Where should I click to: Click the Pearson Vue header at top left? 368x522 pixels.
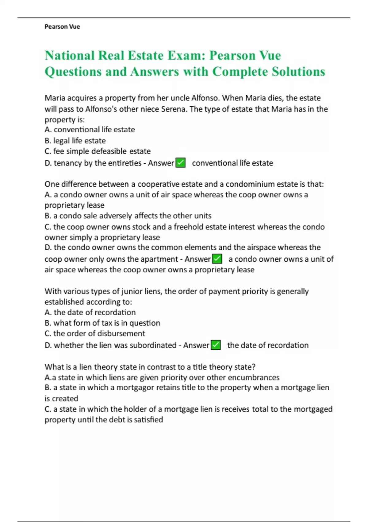click(62, 27)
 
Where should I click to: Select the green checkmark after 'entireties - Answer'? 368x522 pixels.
click(181, 162)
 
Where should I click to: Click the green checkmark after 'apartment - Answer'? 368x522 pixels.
click(217, 259)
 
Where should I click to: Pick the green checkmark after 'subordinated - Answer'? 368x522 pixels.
click(216, 345)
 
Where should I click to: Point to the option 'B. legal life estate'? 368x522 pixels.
click(75, 141)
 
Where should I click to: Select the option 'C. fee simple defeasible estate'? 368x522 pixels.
click(98, 151)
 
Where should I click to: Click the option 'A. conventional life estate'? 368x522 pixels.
click(90, 130)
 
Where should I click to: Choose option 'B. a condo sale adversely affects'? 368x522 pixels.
click(128, 216)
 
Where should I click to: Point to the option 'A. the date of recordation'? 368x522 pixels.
click(90, 312)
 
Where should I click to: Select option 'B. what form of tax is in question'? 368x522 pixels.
click(102, 323)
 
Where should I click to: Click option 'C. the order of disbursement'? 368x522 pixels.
click(95, 333)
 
